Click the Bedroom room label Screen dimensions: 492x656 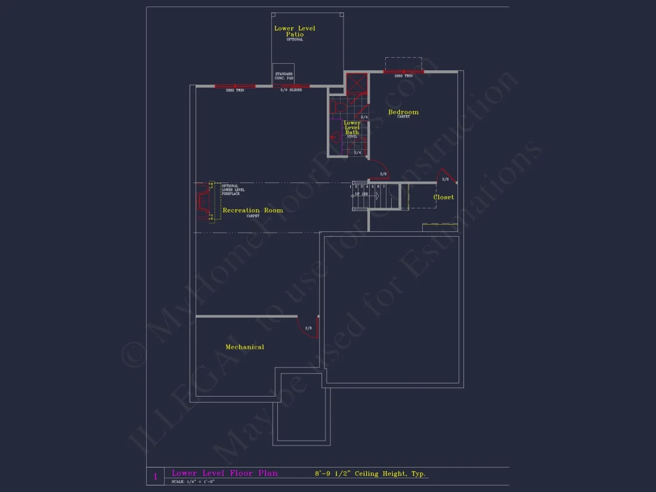pyautogui.click(x=403, y=112)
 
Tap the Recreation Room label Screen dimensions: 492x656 pyautogui.click(x=253, y=211)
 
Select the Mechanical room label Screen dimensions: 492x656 pyautogui.click(x=245, y=347)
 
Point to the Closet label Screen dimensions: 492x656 pyautogui.click(x=443, y=197)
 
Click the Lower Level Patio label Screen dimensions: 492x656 pyautogui.click(x=295, y=32)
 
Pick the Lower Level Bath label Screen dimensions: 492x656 pyautogui.click(x=352, y=128)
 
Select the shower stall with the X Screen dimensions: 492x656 pyautogui.click(x=356, y=83)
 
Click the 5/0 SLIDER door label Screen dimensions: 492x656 pyautogui.click(x=292, y=90)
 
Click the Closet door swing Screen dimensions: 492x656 pyautogui.click(x=445, y=177)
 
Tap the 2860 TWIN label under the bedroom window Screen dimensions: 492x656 pyautogui.click(x=403, y=76)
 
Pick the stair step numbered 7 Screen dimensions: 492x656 pyautogui.click(x=384, y=187)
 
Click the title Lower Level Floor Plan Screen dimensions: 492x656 pyautogui.click(x=225, y=474)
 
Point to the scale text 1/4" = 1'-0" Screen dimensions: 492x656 pyautogui.click(x=193, y=481)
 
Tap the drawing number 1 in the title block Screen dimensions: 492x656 pyautogui.click(x=156, y=476)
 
